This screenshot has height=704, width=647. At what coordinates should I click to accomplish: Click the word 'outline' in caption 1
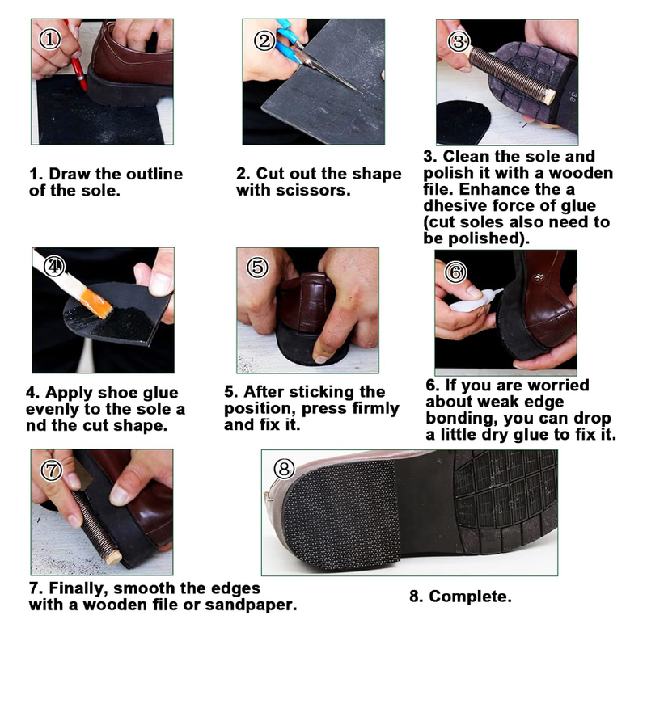tap(148, 175)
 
